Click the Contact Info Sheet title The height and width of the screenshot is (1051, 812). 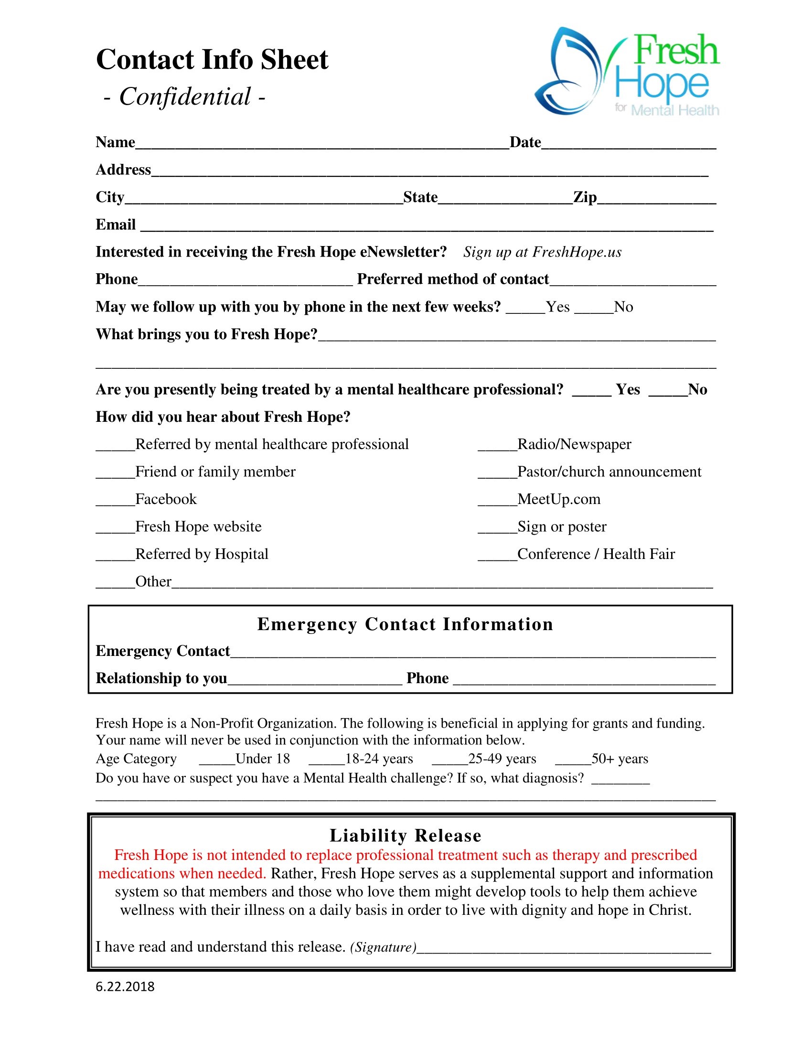coord(212,60)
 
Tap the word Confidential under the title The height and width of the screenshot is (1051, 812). coord(185,97)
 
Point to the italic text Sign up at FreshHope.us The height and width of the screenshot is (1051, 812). coord(542,252)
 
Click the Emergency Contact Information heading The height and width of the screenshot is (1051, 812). coord(405,624)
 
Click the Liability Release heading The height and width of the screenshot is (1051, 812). coord(405,836)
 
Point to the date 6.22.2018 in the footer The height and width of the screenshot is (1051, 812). coord(125,987)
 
